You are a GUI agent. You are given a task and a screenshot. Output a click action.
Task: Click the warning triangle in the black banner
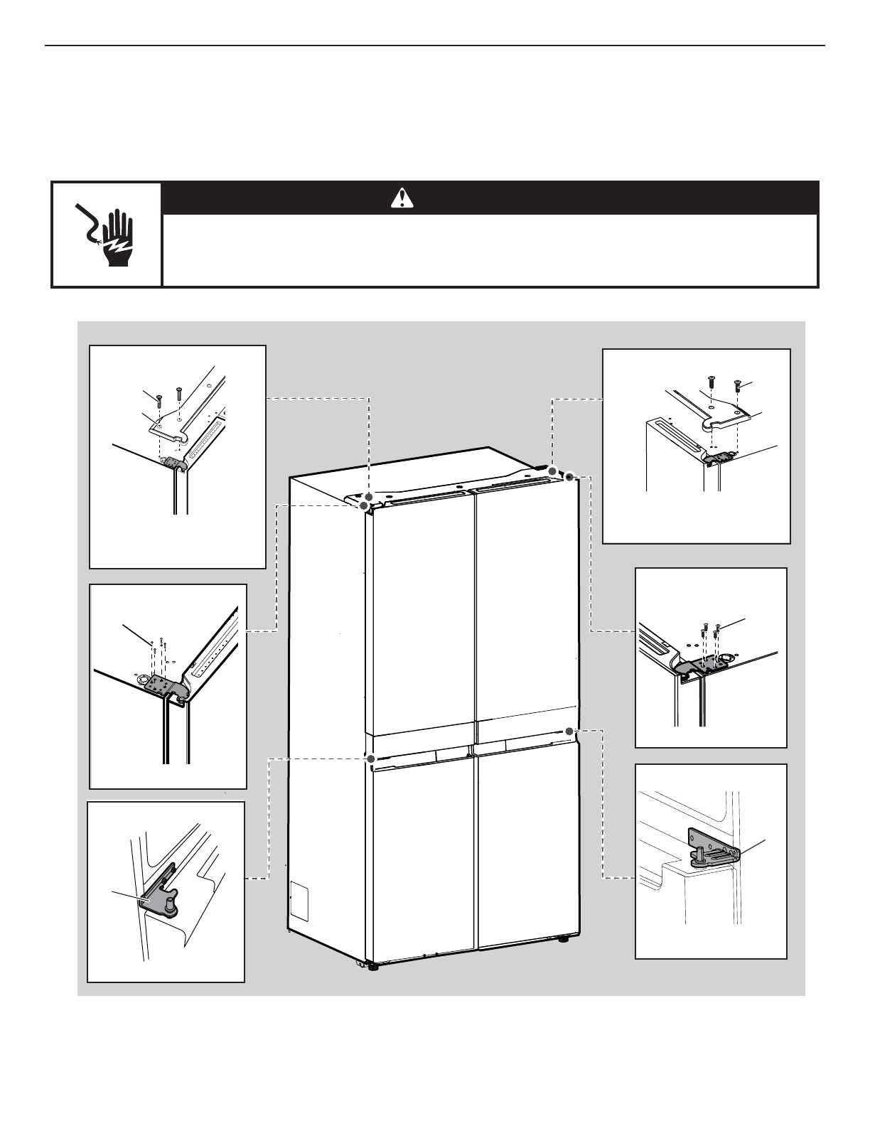click(x=402, y=198)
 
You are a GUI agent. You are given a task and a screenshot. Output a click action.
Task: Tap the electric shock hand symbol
click(x=107, y=233)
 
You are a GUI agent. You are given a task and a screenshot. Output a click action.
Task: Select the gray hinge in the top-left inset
click(x=175, y=463)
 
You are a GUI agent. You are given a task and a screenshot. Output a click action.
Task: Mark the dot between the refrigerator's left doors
click(x=370, y=758)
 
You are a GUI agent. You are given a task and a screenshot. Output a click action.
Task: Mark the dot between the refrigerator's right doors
click(x=569, y=730)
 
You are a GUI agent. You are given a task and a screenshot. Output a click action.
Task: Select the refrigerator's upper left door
click(x=419, y=618)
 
